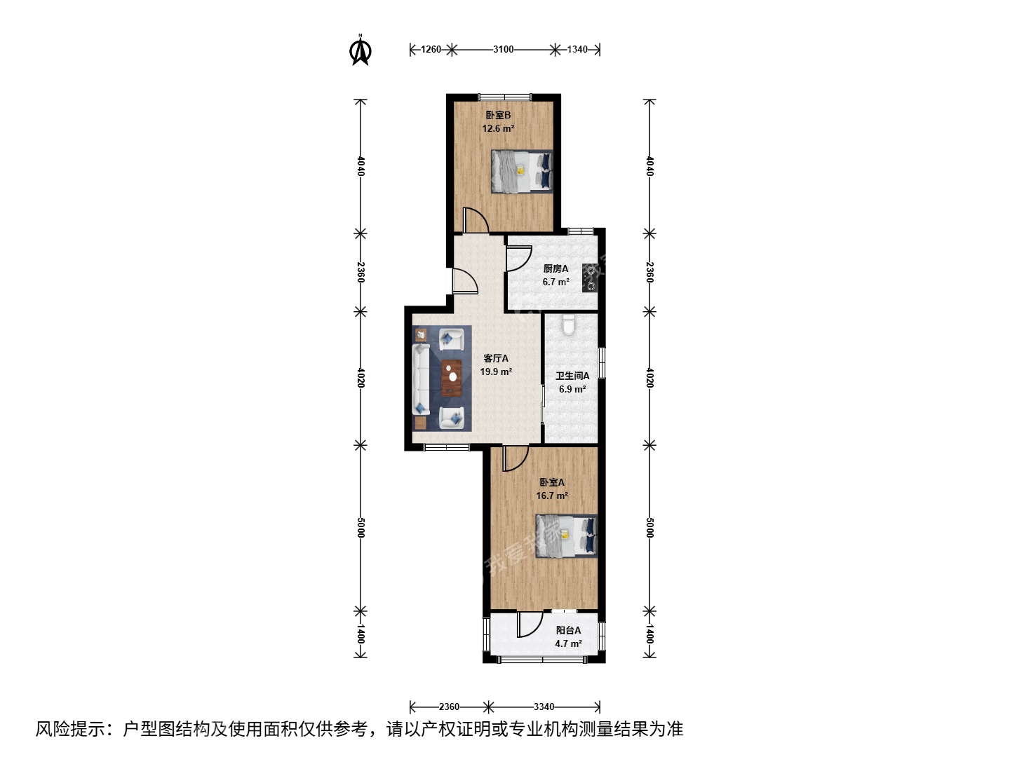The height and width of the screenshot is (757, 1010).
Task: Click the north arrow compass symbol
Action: click(x=361, y=51)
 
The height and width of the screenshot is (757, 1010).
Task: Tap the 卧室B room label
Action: click(x=498, y=116)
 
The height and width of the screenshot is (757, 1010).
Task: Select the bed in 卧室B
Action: click(x=522, y=172)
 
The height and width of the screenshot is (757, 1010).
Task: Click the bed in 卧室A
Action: click(x=567, y=536)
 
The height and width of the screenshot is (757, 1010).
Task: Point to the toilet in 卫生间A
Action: click(x=569, y=325)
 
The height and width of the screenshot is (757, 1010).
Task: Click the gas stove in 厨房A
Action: click(x=590, y=278)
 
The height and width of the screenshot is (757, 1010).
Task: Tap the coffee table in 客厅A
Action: click(x=130, y=378)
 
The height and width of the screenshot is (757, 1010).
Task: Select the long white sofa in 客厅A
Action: click(x=421, y=380)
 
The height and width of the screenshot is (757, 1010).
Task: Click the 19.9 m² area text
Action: click(x=496, y=371)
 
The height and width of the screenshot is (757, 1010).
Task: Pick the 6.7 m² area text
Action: click(x=555, y=282)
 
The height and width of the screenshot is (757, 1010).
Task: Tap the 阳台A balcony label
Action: click(x=568, y=630)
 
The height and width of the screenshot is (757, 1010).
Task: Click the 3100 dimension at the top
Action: click(x=504, y=49)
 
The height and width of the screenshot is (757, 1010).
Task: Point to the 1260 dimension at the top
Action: click(x=431, y=49)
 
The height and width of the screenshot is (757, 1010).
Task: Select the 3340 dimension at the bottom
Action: click(x=544, y=707)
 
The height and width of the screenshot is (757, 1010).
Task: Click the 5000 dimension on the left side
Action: click(x=361, y=528)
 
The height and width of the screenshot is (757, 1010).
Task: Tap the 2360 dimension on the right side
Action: click(x=649, y=273)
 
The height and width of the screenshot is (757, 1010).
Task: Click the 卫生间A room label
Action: click(x=572, y=376)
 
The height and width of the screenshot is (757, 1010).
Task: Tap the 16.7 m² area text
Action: click(x=552, y=496)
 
